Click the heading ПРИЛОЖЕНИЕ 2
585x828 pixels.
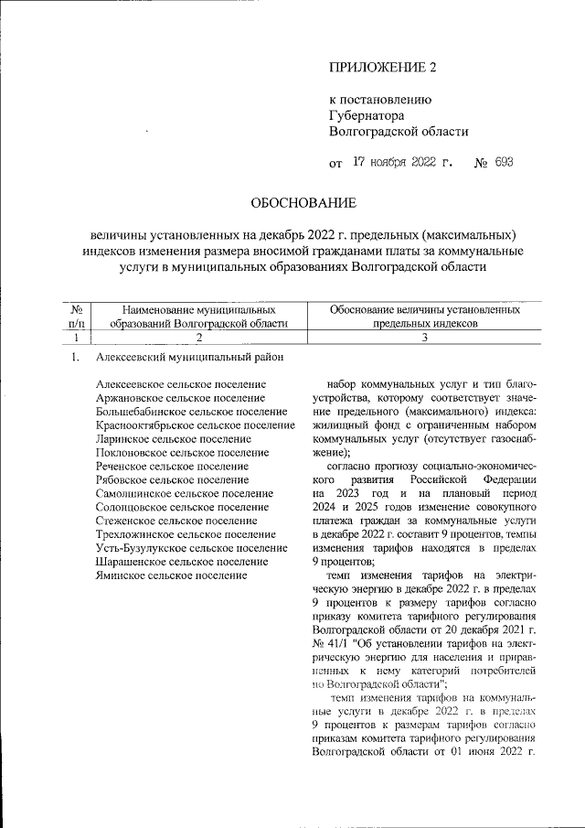[384, 67]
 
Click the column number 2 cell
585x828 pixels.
[198, 338]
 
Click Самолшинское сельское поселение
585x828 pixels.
[182, 493]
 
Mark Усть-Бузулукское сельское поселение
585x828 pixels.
[191, 547]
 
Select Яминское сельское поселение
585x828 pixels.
[172, 575]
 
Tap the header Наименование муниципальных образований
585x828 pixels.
[198, 317]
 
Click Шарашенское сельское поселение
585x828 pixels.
[182, 561]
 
